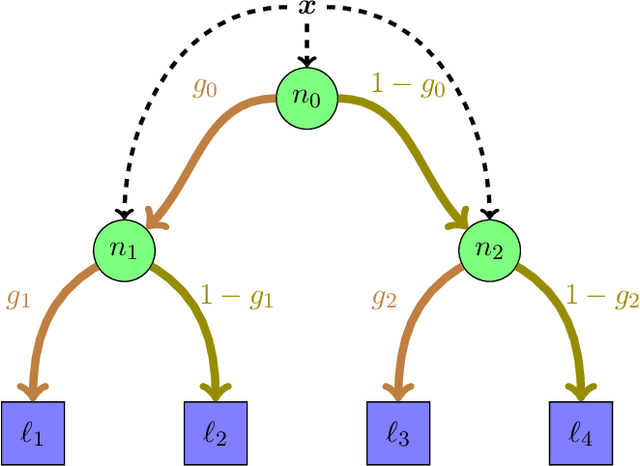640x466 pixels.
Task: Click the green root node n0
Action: click(308, 98)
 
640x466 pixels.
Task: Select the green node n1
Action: click(123, 248)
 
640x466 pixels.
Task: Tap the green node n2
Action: click(490, 248)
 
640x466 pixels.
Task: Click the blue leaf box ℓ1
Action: click(32, 432)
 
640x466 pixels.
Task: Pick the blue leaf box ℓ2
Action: click(216, 432)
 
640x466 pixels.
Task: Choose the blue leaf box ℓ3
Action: click(398, 432)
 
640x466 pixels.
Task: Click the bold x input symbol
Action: click(307, 8)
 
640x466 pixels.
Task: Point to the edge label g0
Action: click(205, 88)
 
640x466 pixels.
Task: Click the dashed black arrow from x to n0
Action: click(308, 40)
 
